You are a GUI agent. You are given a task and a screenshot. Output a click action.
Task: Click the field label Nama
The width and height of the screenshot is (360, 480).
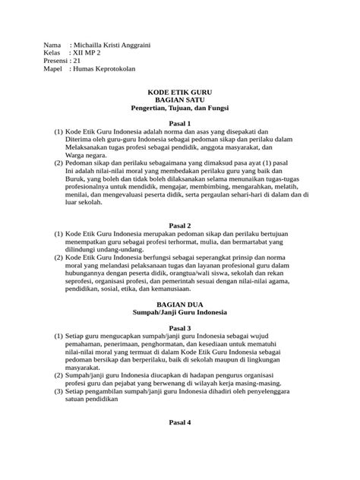52,45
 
